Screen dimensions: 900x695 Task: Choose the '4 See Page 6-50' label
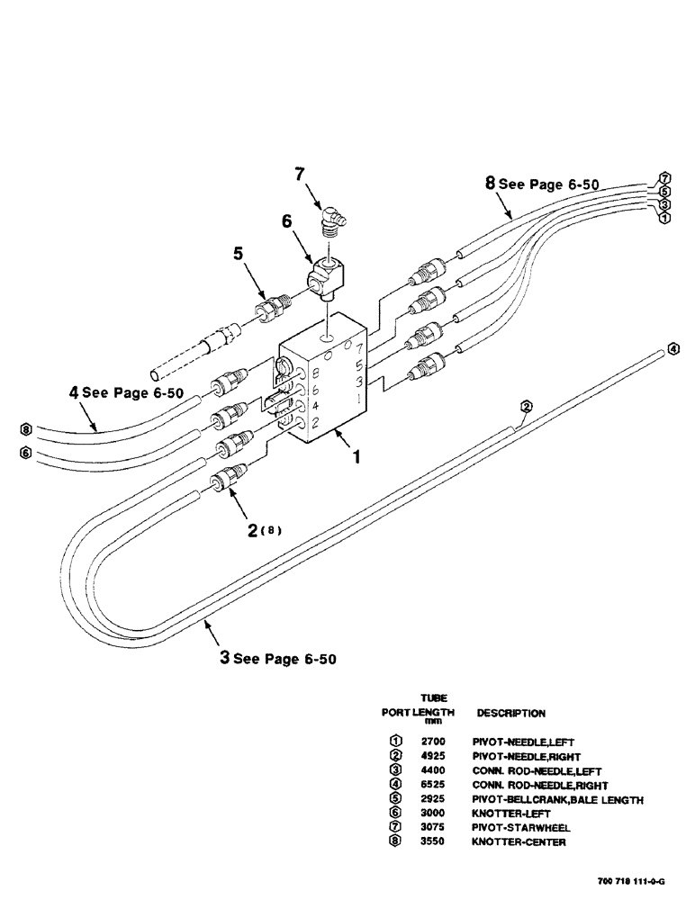click(x=125, y=392)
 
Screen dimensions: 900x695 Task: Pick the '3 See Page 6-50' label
click(x=278, y=658)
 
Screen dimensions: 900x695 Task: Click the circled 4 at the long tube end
click(x=673, y=349)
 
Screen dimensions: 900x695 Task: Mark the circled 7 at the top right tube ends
click(x=664, y=177)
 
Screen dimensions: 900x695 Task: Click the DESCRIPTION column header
click(x=510, y=713)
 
